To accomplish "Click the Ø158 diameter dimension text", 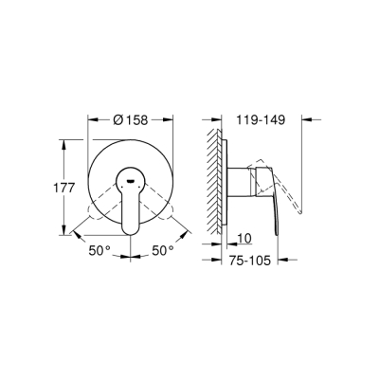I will (x=133, y=120).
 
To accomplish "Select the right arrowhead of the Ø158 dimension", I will (x=173, y=120).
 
